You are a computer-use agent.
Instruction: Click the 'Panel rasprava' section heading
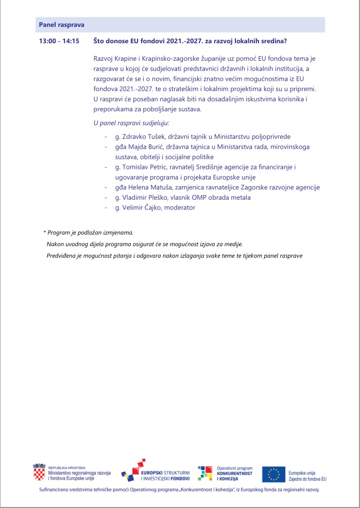62,25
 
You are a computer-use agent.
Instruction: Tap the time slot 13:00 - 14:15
59,41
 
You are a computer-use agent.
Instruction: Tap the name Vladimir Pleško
145,198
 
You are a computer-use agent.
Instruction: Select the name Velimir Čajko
141,207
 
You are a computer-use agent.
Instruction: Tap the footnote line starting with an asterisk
89,233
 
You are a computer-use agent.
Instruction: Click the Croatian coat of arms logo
39,472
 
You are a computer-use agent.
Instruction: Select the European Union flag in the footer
273,474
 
